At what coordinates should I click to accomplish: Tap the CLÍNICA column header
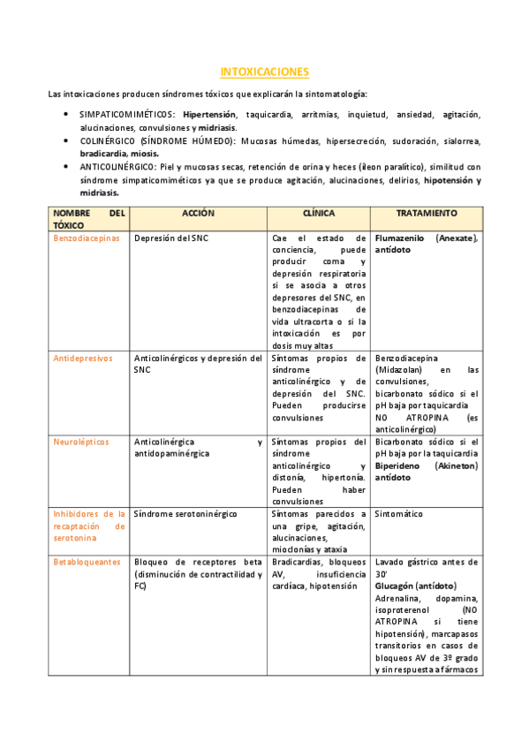[318, 213]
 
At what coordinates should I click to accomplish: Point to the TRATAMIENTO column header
[427, 213]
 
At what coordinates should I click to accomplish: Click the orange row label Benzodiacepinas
[87, 238]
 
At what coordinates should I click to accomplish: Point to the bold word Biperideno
[399, 465]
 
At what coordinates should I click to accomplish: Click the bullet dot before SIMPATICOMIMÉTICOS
[68, 115]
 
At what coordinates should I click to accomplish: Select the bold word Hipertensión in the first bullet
[210, 115]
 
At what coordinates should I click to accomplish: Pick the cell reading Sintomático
[399, 513]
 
